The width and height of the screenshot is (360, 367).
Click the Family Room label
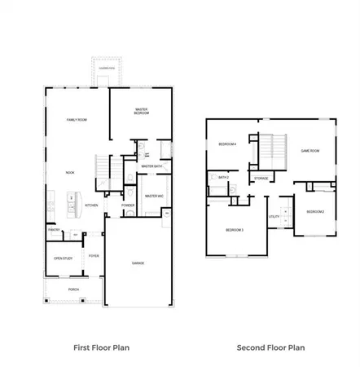pyautogui.click(x=77, y=120)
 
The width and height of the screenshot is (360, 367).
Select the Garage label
pyautogui.click(x=138, y=263)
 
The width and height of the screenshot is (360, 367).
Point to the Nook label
pyautogui.click(x=70, y=173)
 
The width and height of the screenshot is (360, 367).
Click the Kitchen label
pyautogui.click(x=92, y=206)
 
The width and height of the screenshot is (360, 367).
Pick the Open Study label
pyautogui.click(x=63, y=259)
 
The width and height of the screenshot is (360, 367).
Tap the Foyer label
pyautogui.click(x=94, y=256)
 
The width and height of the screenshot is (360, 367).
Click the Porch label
pyautogui.click(x=73, y=290)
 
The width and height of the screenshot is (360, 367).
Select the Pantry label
pyautogui.click(x=53, y=230)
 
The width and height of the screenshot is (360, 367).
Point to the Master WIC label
pyautogui.click(x=153, y=196)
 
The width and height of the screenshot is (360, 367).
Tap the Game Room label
pyautogui.click(x=310, y=151)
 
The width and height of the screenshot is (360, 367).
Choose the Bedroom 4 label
pyautogui.click(x=227, y=144)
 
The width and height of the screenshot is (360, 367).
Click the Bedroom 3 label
pyautogui.click(x=235, y=230)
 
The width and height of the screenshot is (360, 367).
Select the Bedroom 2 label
pyautogui.click(x=315, y=212)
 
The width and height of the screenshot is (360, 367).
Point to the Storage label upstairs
pyautogui.click(x=261, y=178)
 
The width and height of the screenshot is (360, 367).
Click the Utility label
pyautogui.click(x=274, y=217)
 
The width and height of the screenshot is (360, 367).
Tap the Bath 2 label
pyautogui.click(x=222, y=177)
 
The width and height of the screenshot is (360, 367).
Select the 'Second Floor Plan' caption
pyautogui.click(x=270, y=347)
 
